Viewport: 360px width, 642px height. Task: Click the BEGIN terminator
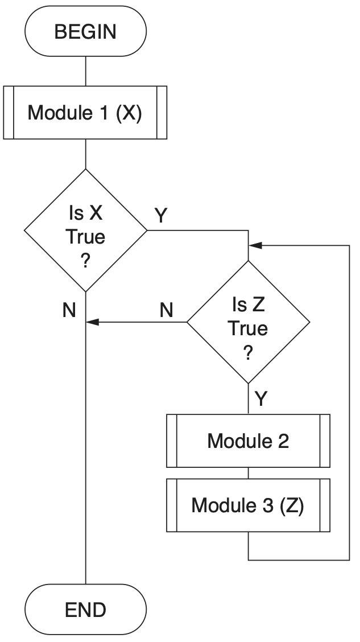tap(85, 31)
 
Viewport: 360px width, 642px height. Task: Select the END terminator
tap(85, 610)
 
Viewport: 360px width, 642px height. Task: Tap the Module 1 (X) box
tap(85, 112)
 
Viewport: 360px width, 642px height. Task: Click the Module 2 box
tap(248, 441)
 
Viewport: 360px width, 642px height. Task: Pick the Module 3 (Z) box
tap(248, 505)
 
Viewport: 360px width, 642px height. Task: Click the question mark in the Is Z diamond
tap(248, 353)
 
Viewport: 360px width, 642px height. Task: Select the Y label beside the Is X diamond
tap(162, 215)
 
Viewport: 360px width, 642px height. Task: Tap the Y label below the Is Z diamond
tap(260, 398)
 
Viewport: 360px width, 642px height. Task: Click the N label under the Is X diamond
tap(69, 310)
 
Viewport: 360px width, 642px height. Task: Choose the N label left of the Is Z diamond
tap(166, 310)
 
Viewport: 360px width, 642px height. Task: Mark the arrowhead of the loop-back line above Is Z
tap(255, 245)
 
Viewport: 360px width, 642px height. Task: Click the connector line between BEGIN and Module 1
tap(85, 71)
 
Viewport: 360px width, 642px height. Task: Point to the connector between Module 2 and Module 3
tap(248, 472)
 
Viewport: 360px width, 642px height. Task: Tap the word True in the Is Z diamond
tap(248, 328)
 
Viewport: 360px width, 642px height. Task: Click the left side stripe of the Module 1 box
tap(9, 112)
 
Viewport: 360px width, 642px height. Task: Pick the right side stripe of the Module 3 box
tap(325, 505)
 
